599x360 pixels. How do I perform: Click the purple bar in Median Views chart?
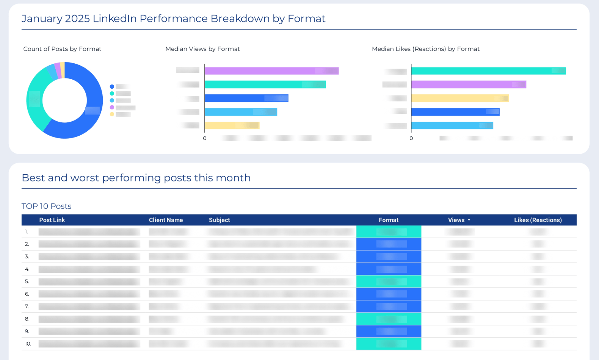coord(271,71)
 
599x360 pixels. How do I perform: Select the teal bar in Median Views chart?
coord(265,85)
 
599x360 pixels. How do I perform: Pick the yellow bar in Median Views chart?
coord(232,125)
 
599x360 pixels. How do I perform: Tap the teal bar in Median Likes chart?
coord(488,71)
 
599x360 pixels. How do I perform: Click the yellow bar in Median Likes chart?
coord(459,98)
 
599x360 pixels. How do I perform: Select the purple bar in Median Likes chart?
coord(468,85)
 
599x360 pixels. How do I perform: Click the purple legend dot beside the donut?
coord(112,107)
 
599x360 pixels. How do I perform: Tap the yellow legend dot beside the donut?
coord(112,114)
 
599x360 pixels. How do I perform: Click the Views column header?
coord(456,220)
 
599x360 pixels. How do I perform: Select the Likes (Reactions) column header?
coord(538,220)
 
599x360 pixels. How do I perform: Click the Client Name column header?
coord(166,220)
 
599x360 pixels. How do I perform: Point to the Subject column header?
coord(219,220)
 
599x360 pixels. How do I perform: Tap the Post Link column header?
coord(52,220)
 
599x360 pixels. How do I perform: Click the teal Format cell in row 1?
coord(389,232)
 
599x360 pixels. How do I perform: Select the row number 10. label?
coord(28,344)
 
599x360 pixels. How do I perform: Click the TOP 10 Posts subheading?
coord(46,206)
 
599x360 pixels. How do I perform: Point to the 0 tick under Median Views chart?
coord(205,138)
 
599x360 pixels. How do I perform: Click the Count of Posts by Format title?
coord(62,49)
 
